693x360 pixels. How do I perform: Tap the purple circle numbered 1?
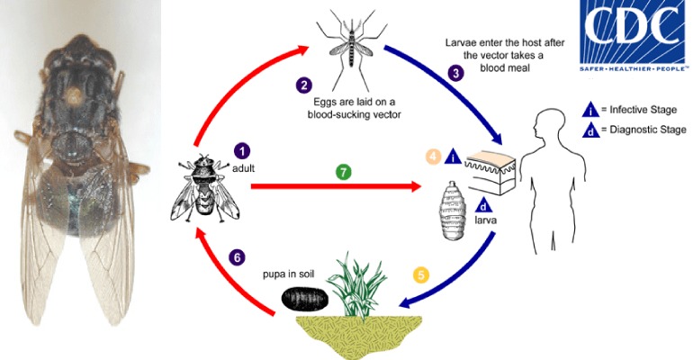tap(242, 151)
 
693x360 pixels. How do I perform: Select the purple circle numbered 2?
tap(304, 85)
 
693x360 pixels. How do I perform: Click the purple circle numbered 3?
tap(456, 73)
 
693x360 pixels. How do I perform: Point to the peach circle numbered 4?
tap(434, 157)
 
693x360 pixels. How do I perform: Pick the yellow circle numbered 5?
tap(421, 275)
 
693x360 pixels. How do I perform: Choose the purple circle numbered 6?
tap(237, 257)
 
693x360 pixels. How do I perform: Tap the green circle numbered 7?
tap(344, 172)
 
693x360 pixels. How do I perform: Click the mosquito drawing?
tap(351, 49)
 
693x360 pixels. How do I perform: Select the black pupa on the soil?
tap(305, 299)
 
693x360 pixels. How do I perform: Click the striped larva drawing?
tap(453, 211)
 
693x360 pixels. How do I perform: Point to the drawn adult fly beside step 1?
tap(204, 188)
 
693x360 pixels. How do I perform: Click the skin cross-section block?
tap(490, 173)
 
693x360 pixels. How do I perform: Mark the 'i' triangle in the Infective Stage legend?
tap(591, 110)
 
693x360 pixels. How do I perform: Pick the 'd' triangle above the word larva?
tap(484, 206)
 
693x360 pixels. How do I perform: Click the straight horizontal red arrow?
tap(336, 186)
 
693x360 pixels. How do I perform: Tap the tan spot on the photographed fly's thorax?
tap(74, 94)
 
